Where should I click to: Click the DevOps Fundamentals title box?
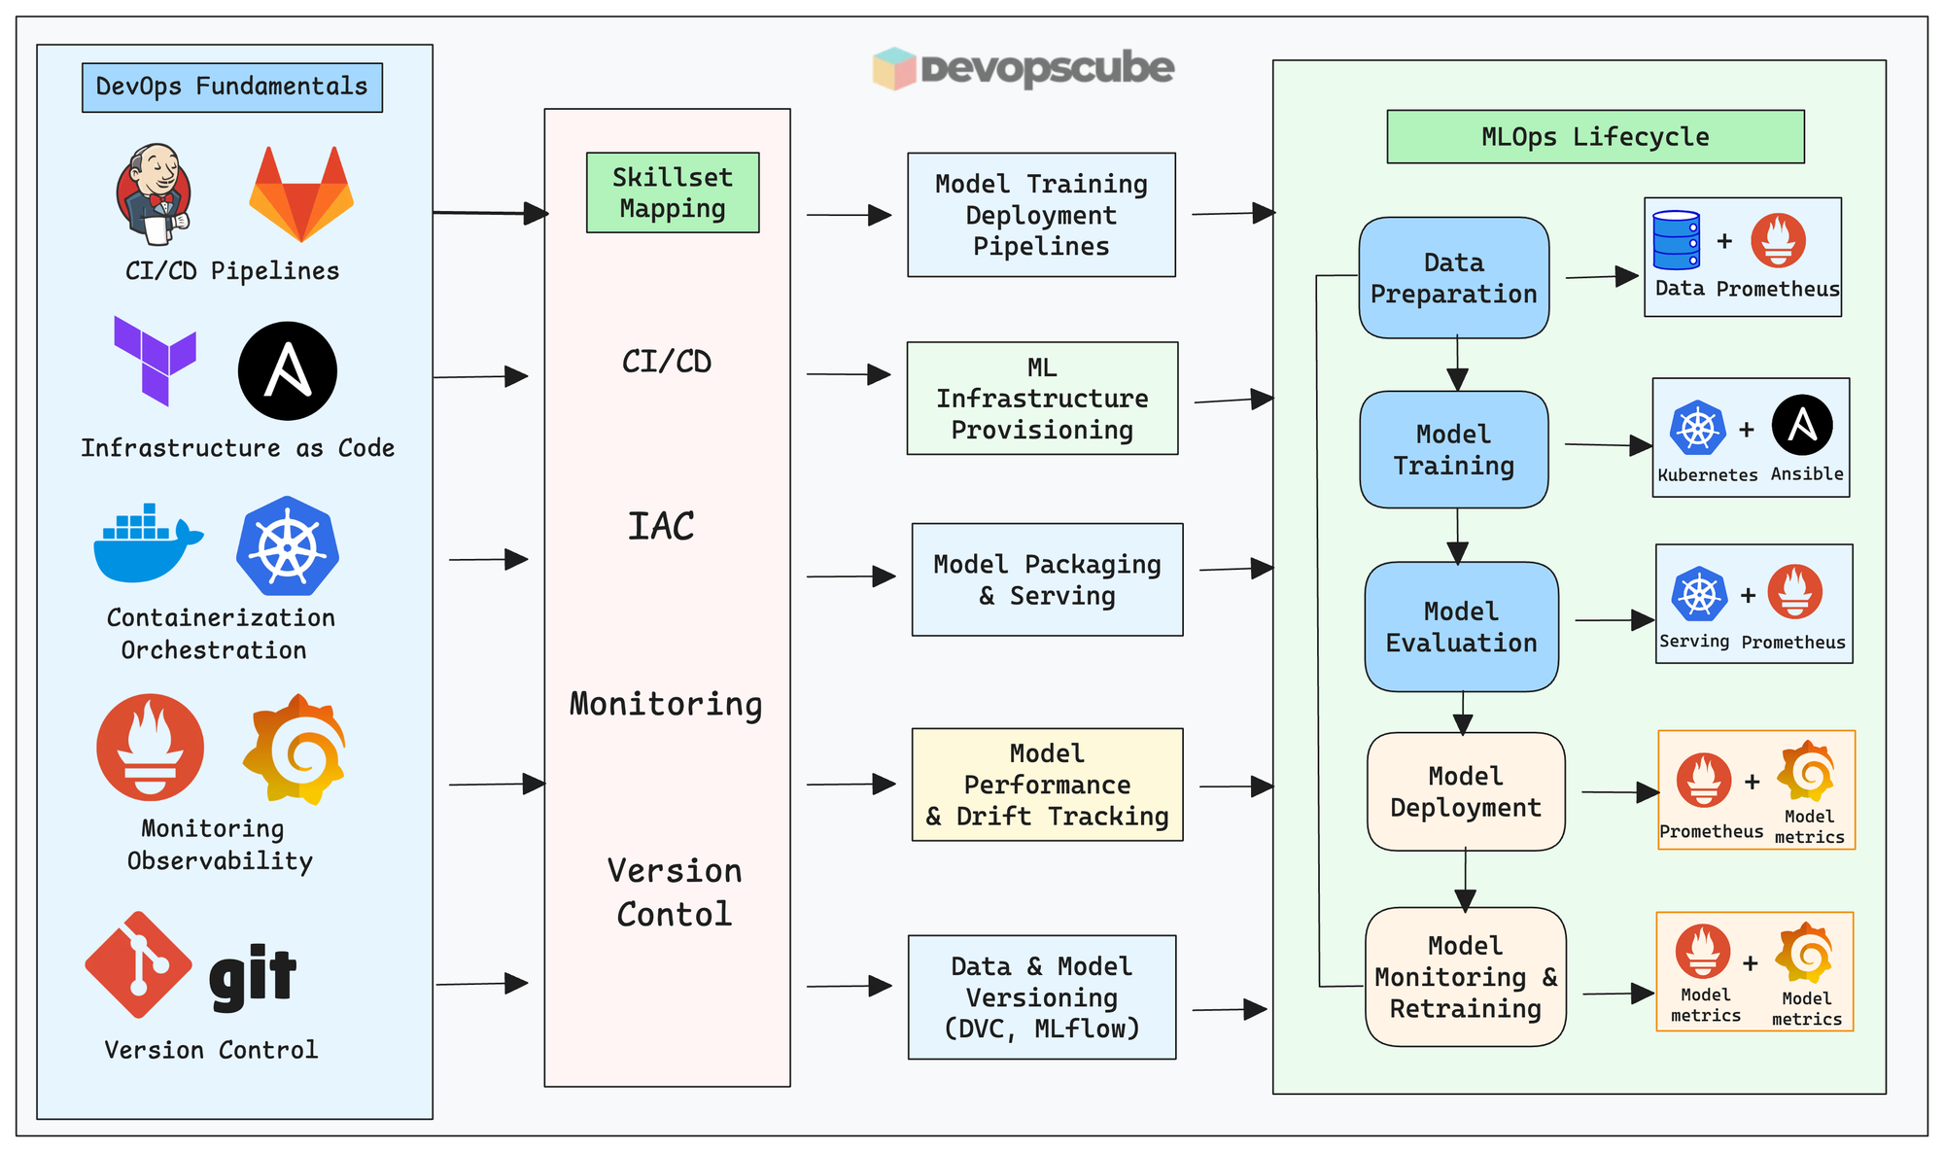(231, 87)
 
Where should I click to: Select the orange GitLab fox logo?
(301, 194)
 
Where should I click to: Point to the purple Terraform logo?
(155, 360)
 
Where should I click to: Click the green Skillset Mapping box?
(673, 192)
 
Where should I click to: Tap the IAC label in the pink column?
(661, 527)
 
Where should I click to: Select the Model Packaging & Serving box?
(1047, 579)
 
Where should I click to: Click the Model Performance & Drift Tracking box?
(1047, 785)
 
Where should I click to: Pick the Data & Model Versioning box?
(1041, 996)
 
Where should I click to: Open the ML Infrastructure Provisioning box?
(1042, 399)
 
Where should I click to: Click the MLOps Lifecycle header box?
(1595, 137)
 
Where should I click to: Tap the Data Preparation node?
(1453, 278)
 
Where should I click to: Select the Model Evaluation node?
(1461, 627)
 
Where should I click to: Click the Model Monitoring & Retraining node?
(1465, 977)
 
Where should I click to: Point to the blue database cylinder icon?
(1677, 240)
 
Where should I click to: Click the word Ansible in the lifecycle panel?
(1807, 474)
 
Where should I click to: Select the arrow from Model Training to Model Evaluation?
(1457, 535)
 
